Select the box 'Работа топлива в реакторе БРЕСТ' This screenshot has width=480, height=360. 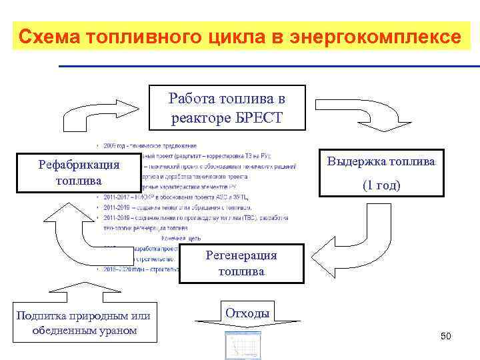click(x=227, y=108)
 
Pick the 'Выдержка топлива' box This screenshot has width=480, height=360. click(x=382, y=173)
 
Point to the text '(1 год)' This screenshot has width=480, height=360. click(x=381, y=185)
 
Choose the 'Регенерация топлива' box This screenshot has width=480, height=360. click(x=241, y=263)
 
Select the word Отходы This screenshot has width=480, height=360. click(x=247, y=313)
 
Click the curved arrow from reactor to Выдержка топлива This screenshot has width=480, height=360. click(x=353, y=117)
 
